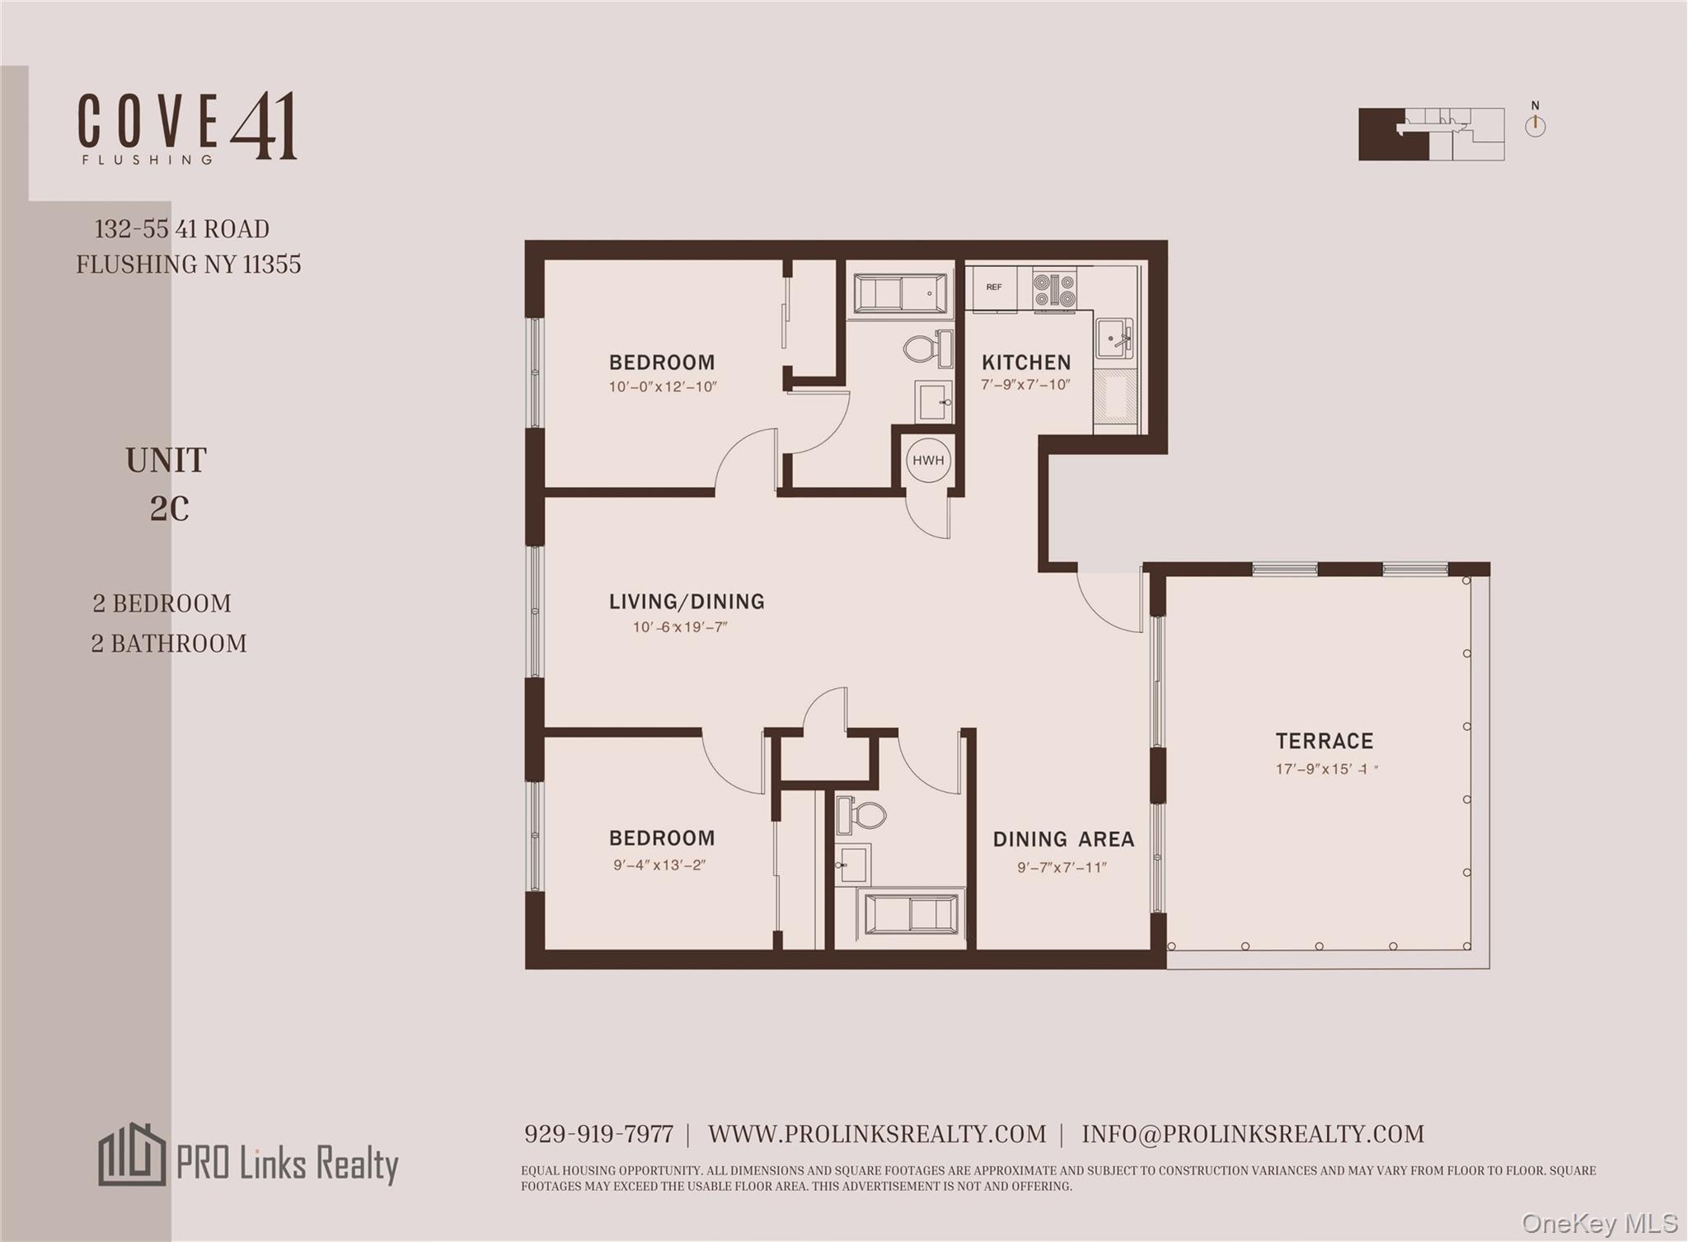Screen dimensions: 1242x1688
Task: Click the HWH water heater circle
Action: (x=928, y=460)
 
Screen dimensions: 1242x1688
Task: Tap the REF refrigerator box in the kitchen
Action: (x=994, y=288)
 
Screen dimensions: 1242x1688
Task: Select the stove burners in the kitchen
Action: (x=1054, y=290)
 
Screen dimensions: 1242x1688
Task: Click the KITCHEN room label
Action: (x=1026, y=363)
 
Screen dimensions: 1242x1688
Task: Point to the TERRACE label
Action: (x=1325, y=741)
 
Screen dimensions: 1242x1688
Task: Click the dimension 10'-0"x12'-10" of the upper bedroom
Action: (x=663, y=387)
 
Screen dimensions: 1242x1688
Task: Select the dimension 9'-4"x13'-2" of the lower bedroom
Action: (x=659, y=865)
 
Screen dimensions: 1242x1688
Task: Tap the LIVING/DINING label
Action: (x=687, y=602)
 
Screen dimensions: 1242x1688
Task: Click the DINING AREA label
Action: (x=1063, y=839)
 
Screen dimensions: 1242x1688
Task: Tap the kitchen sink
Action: (x=1114, y=338)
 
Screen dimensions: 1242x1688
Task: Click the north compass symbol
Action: (x=1535, y=126)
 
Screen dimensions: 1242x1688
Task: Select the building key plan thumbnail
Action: (x=1431, y=134)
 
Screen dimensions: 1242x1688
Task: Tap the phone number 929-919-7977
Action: (x=598, y=1134)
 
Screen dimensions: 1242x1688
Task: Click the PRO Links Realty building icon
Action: (x=132, y=1155)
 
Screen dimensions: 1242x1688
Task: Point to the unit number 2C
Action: (x=169, y=509)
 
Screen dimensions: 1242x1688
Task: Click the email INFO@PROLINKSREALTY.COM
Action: (x=1253, y=1134)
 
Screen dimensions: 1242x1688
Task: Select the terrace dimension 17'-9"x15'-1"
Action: (x=1326, y=769)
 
